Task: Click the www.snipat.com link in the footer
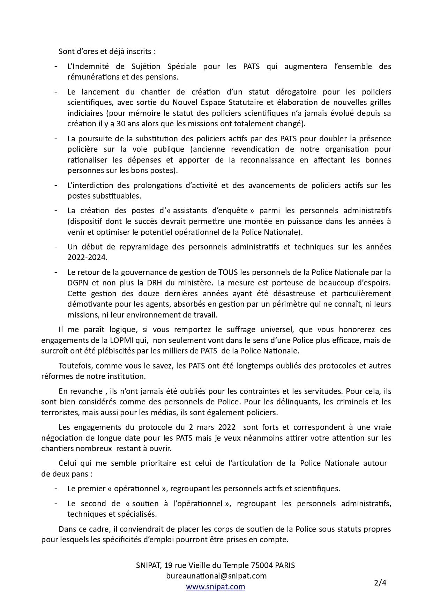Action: coord(215,587)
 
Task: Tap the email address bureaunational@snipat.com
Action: coord(216,576)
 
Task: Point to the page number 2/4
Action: coord(380,582)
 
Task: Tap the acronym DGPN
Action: coord(79,283)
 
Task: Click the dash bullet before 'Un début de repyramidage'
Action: coord(56,247)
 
